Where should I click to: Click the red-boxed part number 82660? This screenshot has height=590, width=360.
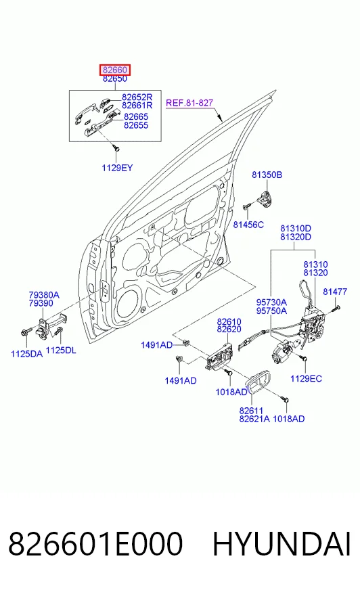[x=115, y=70]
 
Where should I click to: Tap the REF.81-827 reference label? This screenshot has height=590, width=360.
[x=189, y=103]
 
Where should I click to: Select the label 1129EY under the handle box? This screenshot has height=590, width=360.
[x=117, y=168]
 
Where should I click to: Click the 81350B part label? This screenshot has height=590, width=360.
[x=267, y=175]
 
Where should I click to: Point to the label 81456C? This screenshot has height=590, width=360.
[x=248, y=225]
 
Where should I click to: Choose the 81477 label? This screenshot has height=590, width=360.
[x=335, y=292]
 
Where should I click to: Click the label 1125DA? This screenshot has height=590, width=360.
[x=26, y=354]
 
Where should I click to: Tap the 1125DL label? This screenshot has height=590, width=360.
[x=61, y=350]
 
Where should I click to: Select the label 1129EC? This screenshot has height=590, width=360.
[x=307, y=378]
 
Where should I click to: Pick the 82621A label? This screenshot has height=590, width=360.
[x=254, y=419]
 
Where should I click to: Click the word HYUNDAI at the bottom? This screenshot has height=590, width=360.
[x=282, y=544]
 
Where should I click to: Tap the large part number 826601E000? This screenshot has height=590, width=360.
[x=95, y=544]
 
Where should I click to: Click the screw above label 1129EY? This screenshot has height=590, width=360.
[x=116, y=149]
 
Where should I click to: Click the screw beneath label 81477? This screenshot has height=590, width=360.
[x=336, y=309]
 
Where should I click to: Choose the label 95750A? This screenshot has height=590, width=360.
[x=271, y=311]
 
